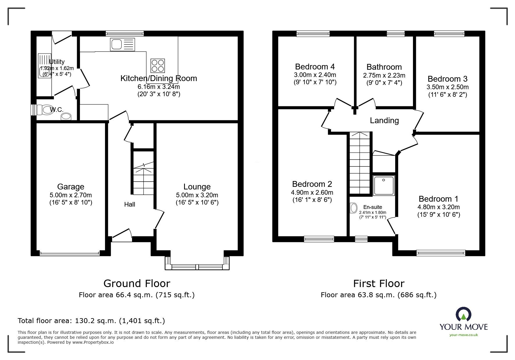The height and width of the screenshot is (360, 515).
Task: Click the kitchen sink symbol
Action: (122, 44)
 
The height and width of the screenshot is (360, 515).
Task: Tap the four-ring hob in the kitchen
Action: (158, 65)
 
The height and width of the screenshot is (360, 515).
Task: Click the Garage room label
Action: (71, 187)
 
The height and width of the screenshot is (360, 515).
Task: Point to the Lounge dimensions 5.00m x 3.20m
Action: (197, 195)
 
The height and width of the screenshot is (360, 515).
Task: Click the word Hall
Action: (129, 204)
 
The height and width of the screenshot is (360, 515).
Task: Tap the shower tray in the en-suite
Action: (384, 185)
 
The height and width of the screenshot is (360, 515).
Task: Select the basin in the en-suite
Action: (354, 208)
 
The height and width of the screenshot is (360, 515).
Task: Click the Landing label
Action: (384, 120)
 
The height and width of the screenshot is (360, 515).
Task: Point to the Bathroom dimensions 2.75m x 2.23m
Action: (384, 75)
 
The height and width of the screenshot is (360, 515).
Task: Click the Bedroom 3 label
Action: (447, 79)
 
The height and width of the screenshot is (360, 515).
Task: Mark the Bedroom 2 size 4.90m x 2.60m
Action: (312, 192)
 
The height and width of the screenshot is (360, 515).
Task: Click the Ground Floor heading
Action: (137, 283)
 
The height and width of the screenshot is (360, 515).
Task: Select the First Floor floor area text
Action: (378, 295)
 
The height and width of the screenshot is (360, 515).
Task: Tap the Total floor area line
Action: (91, 321)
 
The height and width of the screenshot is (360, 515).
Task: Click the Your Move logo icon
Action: (463, 314)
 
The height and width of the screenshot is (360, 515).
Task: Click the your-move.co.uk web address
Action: (464, 335)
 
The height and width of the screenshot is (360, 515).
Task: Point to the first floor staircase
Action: (360, 163)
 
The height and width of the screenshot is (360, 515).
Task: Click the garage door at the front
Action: (70, 253)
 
